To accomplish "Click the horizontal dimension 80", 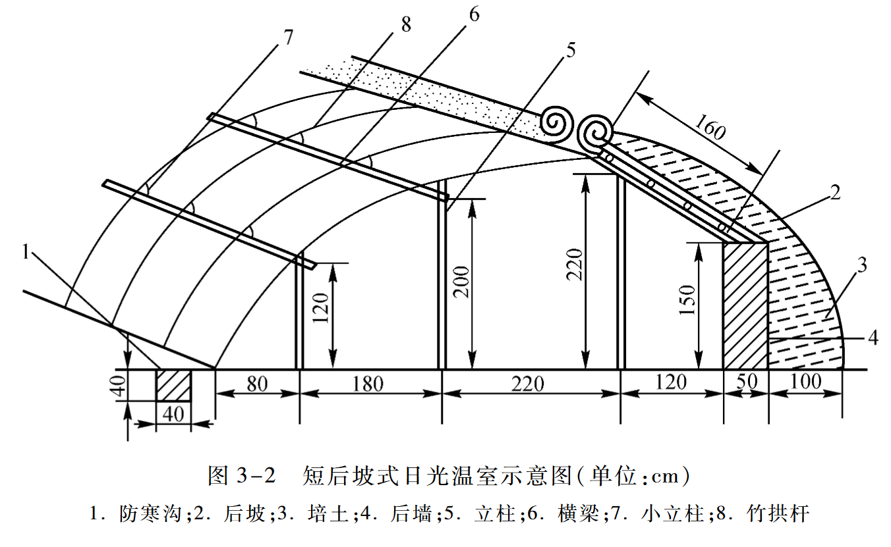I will coord(257,382).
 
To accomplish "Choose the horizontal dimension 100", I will coord(805,382).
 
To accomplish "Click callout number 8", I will coord(405,25).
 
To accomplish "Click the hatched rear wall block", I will coord(745,305).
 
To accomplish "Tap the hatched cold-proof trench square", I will coord(173,385).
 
